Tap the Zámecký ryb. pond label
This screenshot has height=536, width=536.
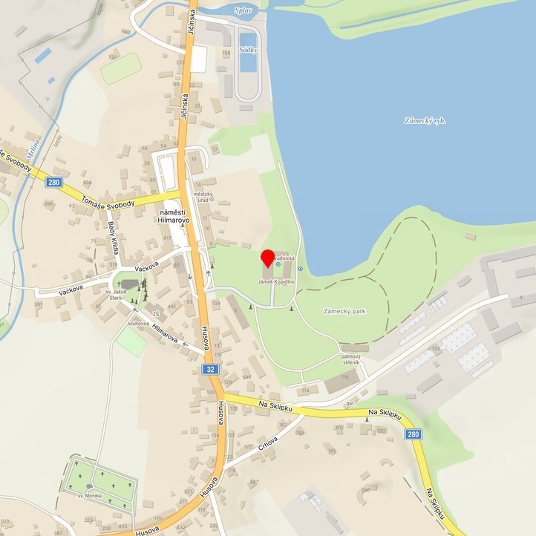425,120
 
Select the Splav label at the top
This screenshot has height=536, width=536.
242,10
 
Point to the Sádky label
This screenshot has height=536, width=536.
248,49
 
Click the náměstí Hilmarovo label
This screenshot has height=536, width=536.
174,215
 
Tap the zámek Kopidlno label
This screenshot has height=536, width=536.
277,283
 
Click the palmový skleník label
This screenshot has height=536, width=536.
350,359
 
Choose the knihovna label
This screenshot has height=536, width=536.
139,324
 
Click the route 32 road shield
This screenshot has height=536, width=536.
212,369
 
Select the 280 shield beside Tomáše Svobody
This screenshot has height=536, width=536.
53,182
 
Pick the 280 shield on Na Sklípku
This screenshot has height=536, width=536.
414,435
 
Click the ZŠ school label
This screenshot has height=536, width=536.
156,314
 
